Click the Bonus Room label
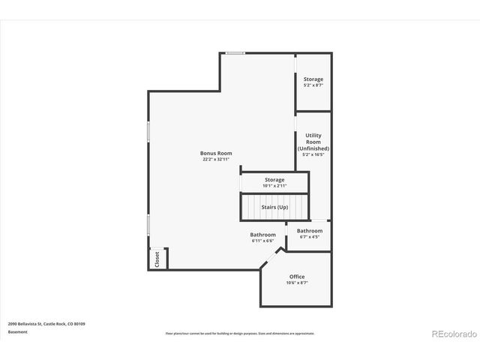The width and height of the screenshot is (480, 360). coord(215,153)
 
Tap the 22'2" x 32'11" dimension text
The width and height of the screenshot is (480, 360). coord(216,160)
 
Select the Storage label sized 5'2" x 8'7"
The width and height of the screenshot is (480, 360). coord(313,79)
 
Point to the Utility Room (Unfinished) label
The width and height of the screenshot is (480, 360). coord(313,142)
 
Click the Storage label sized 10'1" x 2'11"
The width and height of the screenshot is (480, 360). coord(274,180)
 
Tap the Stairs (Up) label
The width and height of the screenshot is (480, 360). coord(274,207)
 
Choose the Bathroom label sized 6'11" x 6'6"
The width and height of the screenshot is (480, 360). coord(262,235)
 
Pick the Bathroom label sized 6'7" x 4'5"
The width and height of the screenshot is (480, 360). coord(309,230)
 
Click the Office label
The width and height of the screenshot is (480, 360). coord(297,277)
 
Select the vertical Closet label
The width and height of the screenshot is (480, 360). coord(157,259)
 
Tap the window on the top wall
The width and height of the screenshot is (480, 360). coord(235,52)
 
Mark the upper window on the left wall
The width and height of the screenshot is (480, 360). coord(148,131)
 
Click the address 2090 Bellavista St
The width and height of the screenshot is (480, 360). coord(46,324)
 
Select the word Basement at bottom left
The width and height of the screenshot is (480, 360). coord(17,331)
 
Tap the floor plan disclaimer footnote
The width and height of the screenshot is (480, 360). coord(240,334)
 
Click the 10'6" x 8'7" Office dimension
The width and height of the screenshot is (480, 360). coord(298,283)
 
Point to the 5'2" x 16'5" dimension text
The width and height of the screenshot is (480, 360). coord(313,154)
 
